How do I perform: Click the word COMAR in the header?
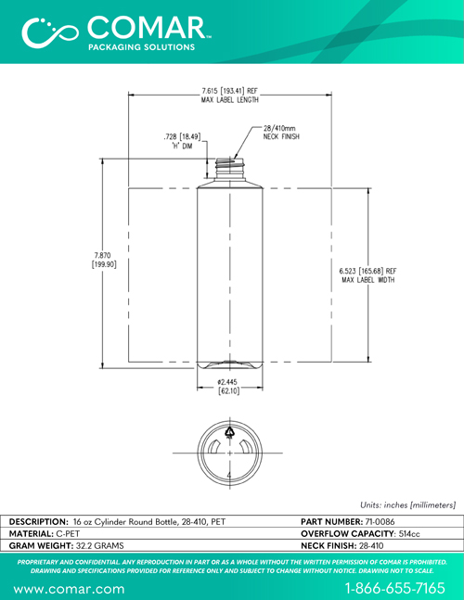click(x=148, y=28)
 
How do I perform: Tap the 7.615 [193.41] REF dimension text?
click(x=230, y=91)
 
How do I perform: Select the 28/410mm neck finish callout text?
click(x=281, y=133)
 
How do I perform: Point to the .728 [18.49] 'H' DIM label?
click(x=182, y=141)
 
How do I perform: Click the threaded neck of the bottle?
click(x=230, y=168)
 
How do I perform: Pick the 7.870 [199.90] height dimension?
click(x=104, y=260)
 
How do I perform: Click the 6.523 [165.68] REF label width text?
click(x=367, y=275)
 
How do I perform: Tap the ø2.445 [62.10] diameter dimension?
click(x=228, y=387)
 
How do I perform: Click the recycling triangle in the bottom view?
click(x=230, y=431)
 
